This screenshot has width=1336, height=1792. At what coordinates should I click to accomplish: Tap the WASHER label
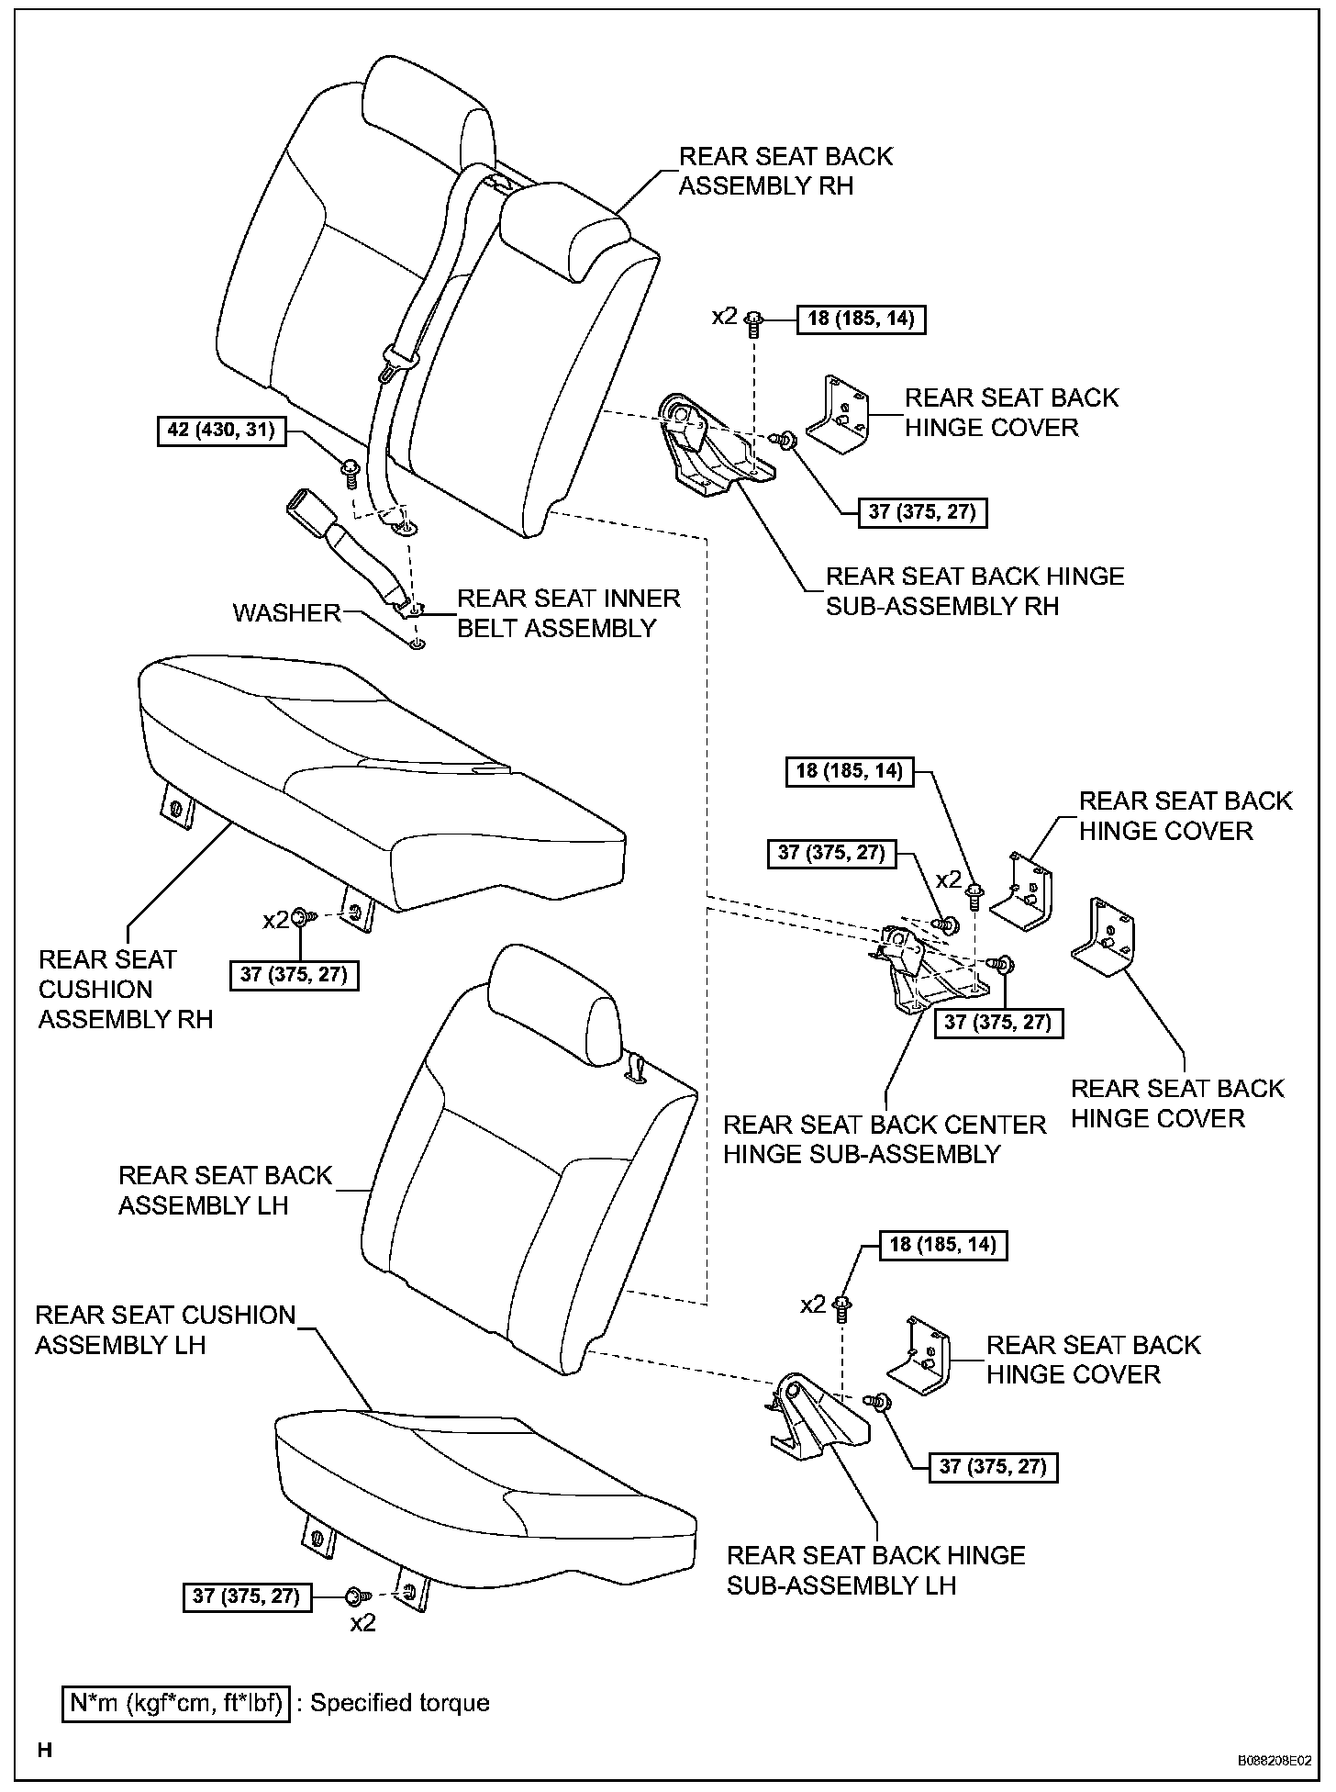pos(286,612)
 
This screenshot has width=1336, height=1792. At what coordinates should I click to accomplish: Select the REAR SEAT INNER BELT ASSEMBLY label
pos(568,613)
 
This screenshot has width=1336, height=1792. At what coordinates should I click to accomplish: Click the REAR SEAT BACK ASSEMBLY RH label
pos(785,171)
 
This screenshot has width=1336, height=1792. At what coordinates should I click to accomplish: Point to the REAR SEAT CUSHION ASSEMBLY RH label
pos(126,989)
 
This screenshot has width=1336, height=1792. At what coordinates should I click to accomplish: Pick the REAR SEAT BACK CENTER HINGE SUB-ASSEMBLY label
pos(884,1139)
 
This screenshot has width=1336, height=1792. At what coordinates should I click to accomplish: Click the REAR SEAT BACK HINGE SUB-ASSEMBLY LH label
pos(875,1570)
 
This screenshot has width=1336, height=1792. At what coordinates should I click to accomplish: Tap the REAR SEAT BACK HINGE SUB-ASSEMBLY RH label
pos(974,591)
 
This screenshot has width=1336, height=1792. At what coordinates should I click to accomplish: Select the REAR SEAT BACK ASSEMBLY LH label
pos(225,1190)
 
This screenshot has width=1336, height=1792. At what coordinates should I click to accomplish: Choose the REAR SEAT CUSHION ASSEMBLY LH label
pos(165,1329)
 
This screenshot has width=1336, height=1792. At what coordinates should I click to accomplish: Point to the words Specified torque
pos(399,1703)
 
